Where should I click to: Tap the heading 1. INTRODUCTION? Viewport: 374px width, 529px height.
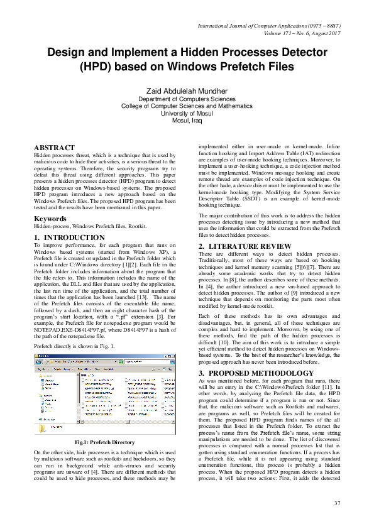point(69,237)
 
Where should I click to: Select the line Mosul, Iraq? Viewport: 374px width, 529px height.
point(187,120)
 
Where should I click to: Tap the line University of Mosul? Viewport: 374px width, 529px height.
point(187,113)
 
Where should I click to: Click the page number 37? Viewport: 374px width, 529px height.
point(337,503)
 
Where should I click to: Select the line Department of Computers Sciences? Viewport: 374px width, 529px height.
point(187,99)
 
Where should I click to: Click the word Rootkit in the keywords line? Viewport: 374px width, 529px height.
point(138,225)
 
